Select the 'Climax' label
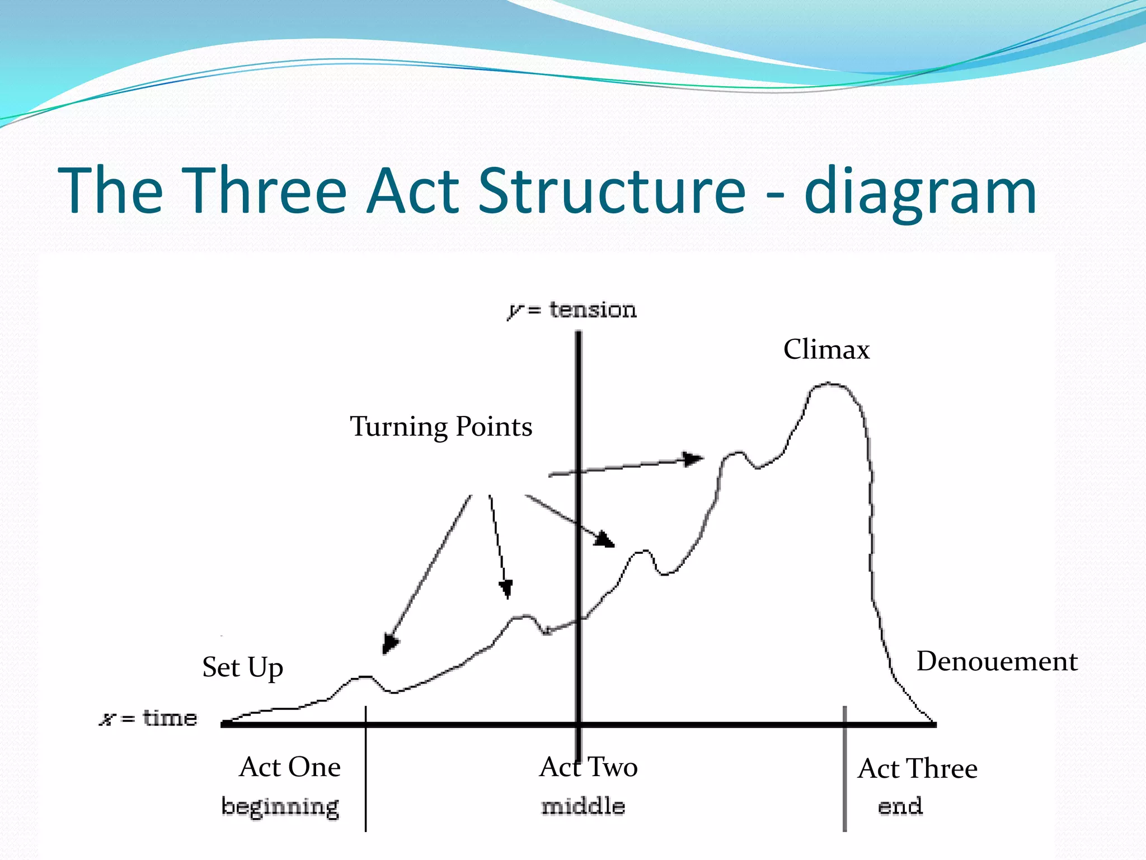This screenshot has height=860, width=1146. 826,350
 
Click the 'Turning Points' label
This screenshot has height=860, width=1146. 441,427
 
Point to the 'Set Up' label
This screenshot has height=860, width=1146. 242,667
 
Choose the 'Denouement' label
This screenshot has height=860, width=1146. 997,661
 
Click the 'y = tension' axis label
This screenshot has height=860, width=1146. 572,310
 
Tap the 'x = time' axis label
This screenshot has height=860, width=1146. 149,718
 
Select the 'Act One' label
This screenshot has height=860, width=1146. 290,767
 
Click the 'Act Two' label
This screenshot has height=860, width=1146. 588,767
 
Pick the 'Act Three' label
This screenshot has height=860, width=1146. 917,769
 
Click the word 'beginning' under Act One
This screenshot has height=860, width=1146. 280,807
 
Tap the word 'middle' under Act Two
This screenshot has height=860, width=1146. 583,806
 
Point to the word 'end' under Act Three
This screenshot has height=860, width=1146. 900,806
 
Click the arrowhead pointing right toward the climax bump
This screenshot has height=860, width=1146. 694,459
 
